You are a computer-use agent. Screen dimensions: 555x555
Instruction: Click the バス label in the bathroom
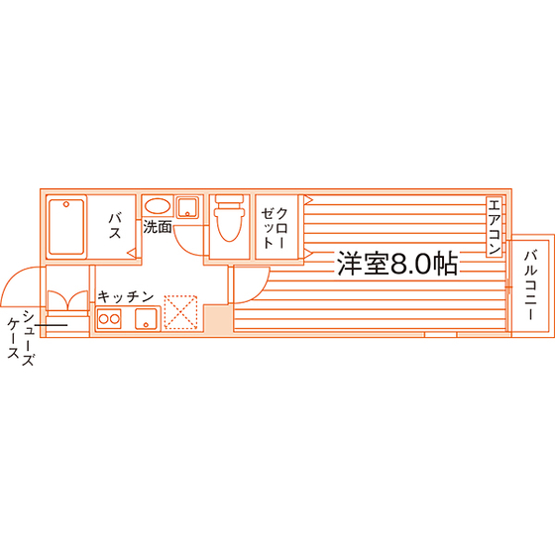115,226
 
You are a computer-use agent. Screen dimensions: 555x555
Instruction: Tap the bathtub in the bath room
66,227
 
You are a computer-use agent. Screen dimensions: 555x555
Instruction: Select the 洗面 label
158,227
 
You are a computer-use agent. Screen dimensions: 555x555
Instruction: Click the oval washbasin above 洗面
158,206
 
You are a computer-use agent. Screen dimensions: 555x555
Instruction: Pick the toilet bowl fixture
229,218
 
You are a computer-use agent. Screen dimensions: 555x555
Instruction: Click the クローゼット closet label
275,228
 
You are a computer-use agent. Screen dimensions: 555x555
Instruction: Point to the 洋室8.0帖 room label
397,264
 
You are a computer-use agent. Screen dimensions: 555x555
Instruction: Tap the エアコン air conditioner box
495,227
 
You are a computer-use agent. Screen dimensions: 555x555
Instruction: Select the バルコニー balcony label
531,285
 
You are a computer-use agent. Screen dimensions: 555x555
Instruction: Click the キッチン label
125,297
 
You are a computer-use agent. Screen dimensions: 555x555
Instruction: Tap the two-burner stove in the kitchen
109,319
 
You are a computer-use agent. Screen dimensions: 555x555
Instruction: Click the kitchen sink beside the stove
147,318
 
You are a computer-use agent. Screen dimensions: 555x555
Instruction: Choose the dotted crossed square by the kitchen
180,312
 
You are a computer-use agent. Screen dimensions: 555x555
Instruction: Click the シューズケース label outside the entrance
21,338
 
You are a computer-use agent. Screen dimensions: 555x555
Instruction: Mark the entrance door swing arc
11,279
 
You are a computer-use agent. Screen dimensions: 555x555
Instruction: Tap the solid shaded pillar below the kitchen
218,318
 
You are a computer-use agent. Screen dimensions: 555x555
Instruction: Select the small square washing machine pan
187,207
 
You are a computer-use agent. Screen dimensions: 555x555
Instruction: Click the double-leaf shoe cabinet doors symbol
67,300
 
